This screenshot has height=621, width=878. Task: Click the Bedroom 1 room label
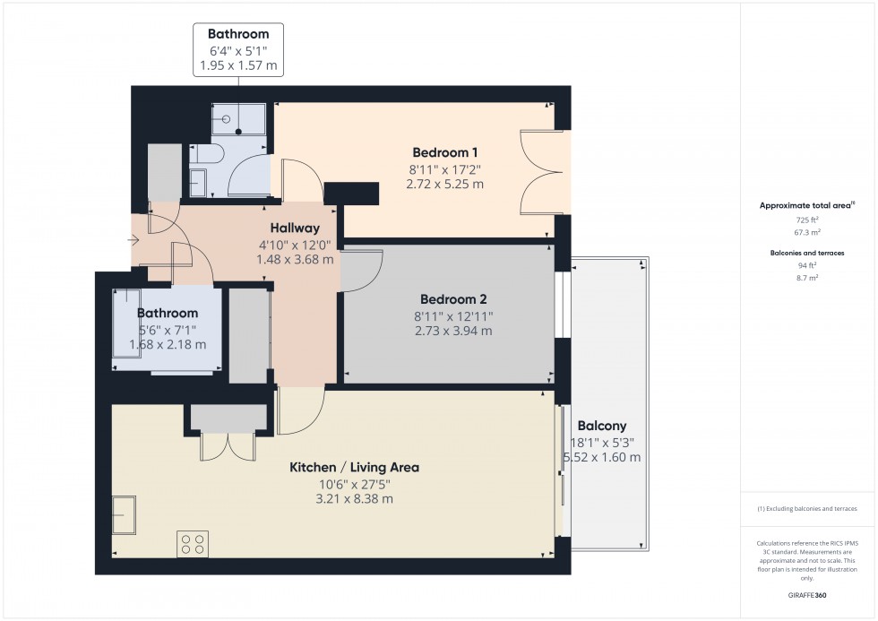pos(447,151)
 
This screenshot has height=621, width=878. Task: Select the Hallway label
pos(296,229)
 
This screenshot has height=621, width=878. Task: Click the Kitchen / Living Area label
pos(354,467)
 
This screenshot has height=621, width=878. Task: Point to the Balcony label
pos(601,426)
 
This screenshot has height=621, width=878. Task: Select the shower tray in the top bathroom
pos(238,118)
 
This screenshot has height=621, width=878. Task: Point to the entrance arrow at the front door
pos(134,239)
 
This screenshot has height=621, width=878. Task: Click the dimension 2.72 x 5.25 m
pos(447,184)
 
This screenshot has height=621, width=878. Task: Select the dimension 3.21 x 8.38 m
pos(354,499)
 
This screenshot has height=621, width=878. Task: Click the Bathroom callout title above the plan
pos(238,35)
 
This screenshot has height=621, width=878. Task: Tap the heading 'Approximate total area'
pos(805,205)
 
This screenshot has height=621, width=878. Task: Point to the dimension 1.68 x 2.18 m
pos(168,344)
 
